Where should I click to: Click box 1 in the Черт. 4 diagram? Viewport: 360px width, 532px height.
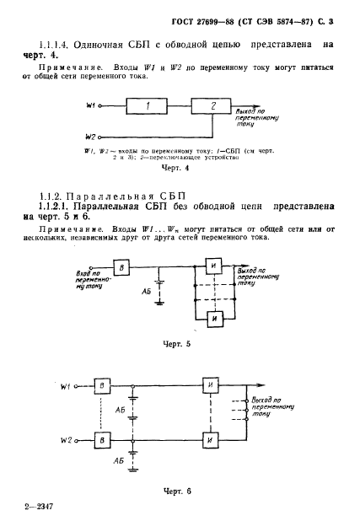pos(148,106)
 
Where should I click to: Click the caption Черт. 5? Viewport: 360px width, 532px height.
pos(181,346)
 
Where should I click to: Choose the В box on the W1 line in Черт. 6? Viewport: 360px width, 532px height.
pos(101,386)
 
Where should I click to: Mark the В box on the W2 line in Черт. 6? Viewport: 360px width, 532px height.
pos(101,440)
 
